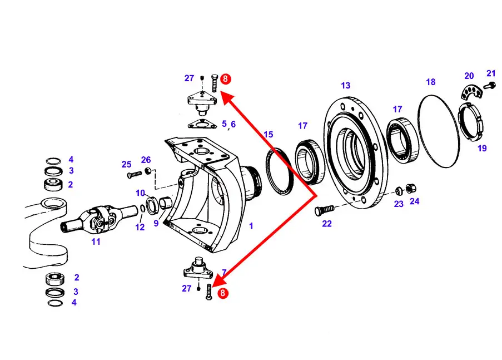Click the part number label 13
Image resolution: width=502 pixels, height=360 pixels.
point(345,86)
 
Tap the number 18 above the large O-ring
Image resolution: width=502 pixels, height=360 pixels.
point(431,82)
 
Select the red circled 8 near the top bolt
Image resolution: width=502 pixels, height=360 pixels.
point(225,78)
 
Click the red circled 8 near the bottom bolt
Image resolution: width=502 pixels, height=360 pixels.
point(222,293)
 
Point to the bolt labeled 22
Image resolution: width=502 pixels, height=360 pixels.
point(324,210)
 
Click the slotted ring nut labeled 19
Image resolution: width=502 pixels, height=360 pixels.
point(471,121)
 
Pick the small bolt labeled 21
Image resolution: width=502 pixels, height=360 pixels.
point(490,85)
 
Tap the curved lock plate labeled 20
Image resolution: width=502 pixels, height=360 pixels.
point(470,92)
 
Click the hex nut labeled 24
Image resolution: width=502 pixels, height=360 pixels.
point(411,189)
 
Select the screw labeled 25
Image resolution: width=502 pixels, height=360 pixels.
point(135,175)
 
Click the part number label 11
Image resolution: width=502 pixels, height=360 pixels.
point(96,241)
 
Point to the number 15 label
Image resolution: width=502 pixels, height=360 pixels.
point(269,135)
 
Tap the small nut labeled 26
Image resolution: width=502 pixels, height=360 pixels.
point(147,171)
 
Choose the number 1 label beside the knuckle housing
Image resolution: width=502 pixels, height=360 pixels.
point(251,226)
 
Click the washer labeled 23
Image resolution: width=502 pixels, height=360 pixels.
point(399,191)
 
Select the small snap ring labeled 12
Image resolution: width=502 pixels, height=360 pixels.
point(142,209)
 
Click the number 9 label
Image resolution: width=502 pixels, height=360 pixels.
point(156,223)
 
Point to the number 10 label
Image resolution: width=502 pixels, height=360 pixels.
point(140,193)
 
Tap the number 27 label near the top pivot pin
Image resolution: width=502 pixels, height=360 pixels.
point(189,78)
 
